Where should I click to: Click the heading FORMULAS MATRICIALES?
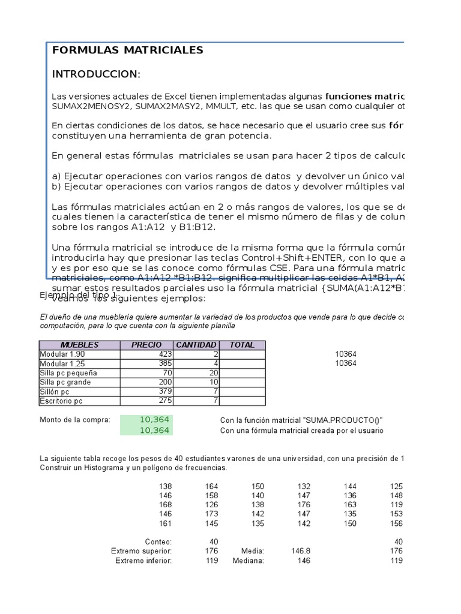tap(128, 50)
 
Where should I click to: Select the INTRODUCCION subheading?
tap(96, 74)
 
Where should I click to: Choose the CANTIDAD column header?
tap(196, 345)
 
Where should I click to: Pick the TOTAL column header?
tap(242, 345)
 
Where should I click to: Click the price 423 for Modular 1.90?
tap(164, 354)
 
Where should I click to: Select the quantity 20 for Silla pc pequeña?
tap(212, 373)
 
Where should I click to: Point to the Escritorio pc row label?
tap(61, 401)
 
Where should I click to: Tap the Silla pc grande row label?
tap(65, 382)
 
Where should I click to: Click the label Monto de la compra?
tap(75, 420)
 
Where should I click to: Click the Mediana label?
tap(249, 561)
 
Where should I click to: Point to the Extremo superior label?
tap(142, 550)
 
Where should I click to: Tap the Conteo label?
tap(158, 541)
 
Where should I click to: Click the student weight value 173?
tap(211, 514)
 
